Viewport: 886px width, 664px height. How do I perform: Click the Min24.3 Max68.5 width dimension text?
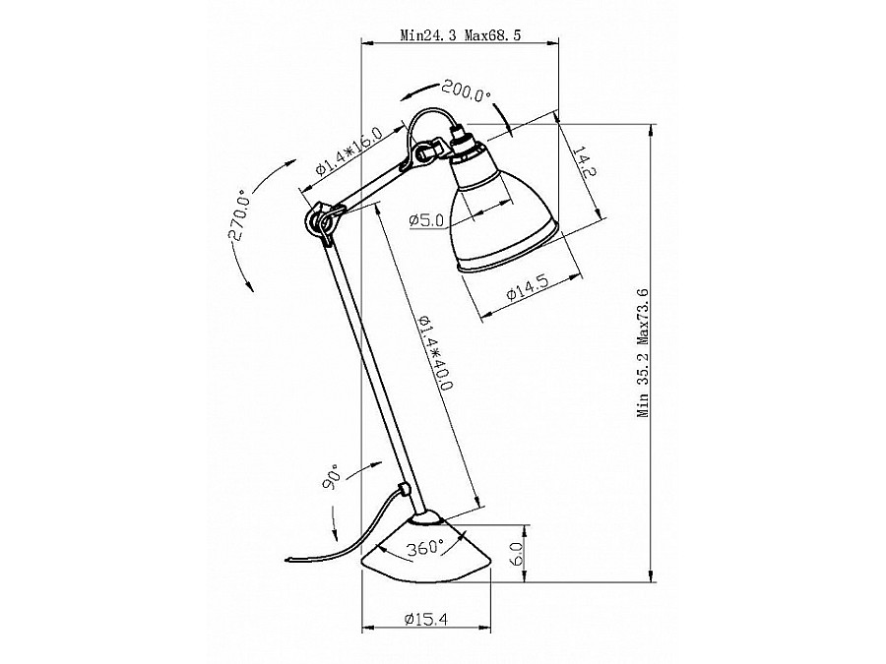461,35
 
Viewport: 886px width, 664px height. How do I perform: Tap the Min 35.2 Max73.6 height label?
643,353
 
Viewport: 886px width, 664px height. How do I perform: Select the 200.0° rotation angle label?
467,91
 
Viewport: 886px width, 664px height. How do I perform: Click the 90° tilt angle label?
332,476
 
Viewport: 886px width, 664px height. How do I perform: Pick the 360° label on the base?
426,547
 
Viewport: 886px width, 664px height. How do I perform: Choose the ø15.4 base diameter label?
426,620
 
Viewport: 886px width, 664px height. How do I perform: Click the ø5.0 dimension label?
427,219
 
